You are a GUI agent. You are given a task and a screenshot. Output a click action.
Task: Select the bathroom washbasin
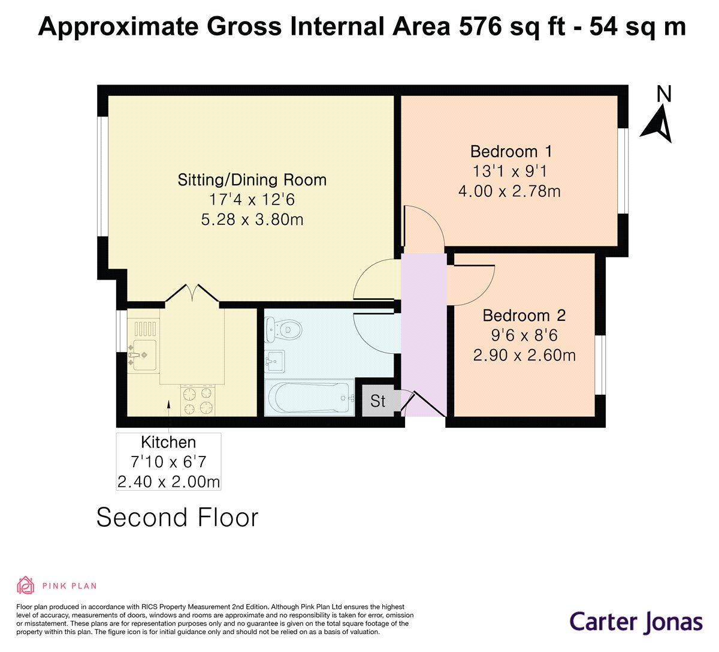275,361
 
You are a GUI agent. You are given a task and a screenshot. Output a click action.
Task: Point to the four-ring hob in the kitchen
197,401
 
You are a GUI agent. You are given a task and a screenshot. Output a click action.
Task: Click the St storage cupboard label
377,401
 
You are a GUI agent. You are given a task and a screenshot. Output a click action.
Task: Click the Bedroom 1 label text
511,151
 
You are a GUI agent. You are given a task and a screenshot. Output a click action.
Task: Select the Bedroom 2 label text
524,316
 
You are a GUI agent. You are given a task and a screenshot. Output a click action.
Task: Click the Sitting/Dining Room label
252,180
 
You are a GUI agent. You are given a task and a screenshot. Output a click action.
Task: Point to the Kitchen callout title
168,443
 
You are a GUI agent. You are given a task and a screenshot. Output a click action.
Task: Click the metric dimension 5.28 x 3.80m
252,220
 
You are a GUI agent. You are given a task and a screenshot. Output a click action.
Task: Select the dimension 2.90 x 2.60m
524,355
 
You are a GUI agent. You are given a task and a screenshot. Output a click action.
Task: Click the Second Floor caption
177,518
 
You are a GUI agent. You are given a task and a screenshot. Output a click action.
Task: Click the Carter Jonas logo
636,621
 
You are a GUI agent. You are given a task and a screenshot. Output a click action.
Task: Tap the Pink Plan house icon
26,585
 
